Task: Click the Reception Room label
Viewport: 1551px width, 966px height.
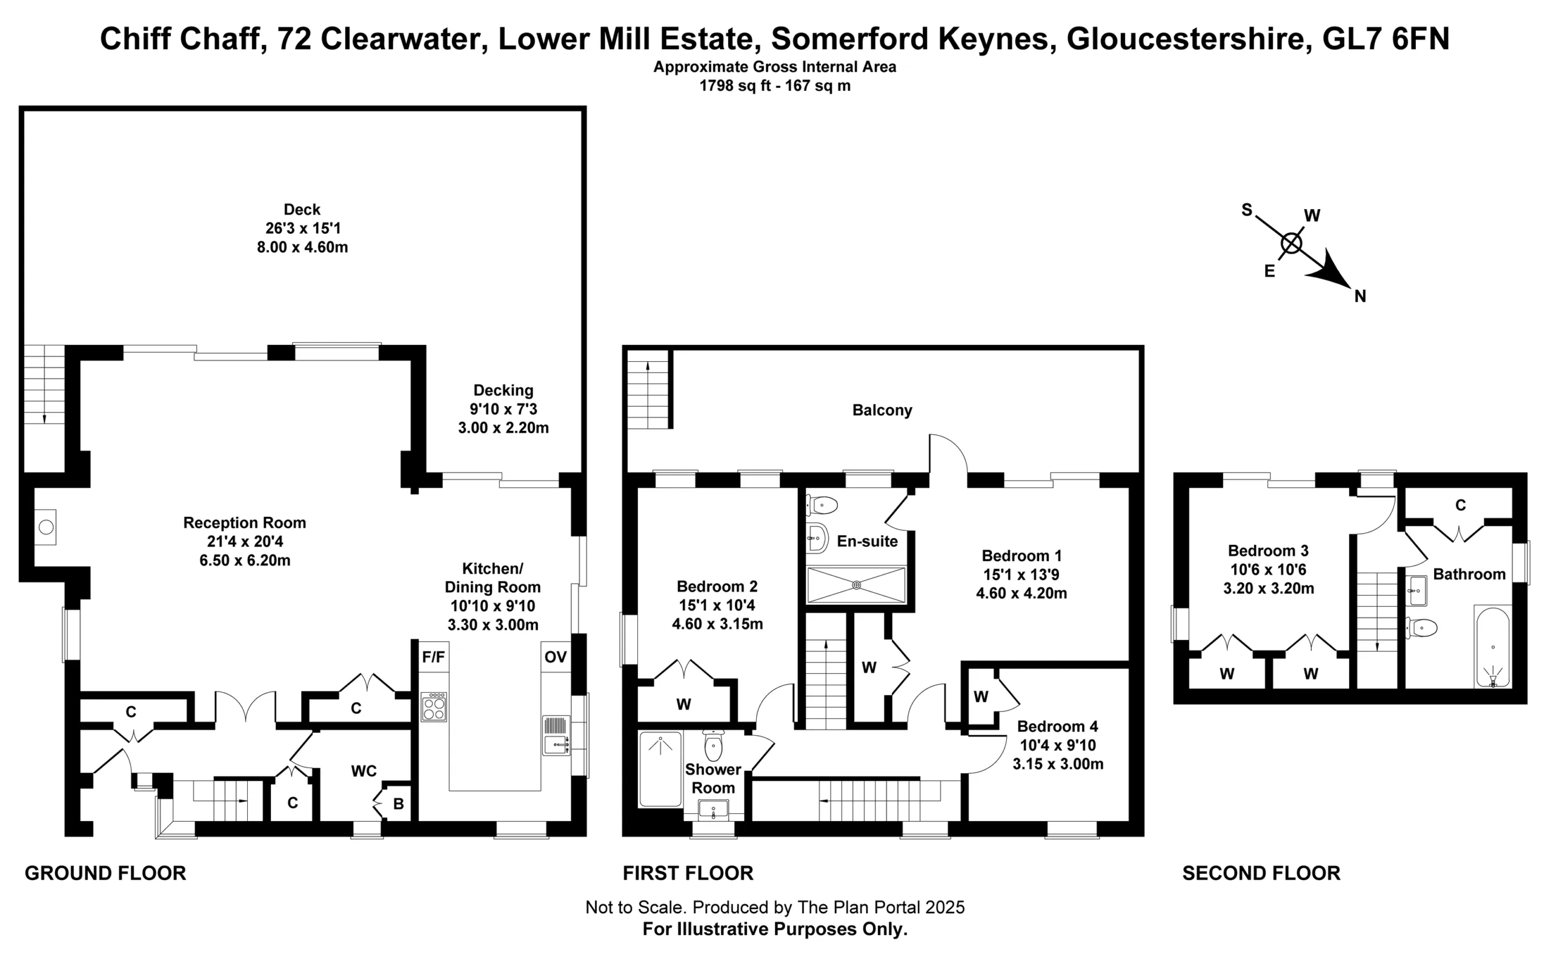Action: coord(245,522)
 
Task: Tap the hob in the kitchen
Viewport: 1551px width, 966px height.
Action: coord(434,707)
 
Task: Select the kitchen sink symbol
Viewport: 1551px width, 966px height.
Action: coord(556,735)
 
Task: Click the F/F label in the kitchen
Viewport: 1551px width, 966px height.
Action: coord(433,658)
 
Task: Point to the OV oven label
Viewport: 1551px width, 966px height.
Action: coord(556,658)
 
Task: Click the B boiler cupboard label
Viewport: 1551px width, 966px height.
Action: coord(399,804)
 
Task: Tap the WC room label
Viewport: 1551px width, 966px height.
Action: coord(364,771)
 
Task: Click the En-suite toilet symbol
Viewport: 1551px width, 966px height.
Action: coord(822,505)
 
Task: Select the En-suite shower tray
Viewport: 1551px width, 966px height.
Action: coord(856,585)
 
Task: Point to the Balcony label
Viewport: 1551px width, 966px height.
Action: coord(882,410)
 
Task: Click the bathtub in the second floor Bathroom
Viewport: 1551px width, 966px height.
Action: coord(1492,647)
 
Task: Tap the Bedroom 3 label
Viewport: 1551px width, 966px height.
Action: coord(1268,551)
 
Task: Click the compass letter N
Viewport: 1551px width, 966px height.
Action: coord(1360,296)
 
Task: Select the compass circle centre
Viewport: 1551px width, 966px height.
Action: coord(1291,244)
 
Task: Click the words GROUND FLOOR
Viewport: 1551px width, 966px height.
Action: coord(105,873)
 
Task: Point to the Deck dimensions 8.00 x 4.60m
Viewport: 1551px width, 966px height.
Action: coord(302,247)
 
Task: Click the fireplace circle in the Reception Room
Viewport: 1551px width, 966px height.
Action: coord(46,527)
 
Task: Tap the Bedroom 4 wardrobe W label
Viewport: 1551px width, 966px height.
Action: coord(981,696)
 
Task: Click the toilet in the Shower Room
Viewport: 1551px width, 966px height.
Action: coord(713,745)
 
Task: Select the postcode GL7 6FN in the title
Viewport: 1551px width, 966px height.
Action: coord(1386,39)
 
